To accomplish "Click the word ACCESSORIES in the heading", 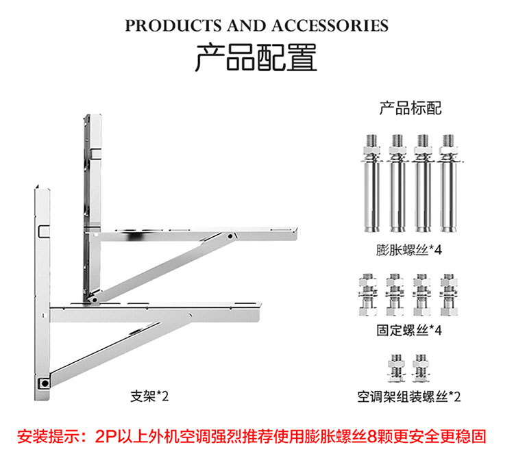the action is click(x=330, y=26).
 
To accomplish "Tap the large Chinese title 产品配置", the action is click(x=256, y=58).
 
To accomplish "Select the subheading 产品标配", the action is click(x=411, y=108).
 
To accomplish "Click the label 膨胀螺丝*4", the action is click(x=408, y=250).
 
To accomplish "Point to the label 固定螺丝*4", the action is click(x=409, y=331).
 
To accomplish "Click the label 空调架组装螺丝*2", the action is click(x=409, y=397).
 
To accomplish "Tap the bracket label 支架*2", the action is click(x=149, y=396).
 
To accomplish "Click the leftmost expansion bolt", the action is click(x=371, y=183).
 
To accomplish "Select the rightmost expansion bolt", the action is click(x=448, y=183).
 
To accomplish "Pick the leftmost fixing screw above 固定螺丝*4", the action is click(x=368, y=294).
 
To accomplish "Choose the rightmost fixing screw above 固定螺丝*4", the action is click(x=449, y=294).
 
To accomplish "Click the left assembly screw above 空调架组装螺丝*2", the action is click(x=396, y=368).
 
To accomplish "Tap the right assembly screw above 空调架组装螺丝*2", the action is click(x=421, y=368).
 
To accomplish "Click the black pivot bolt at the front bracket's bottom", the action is click(x=45, y=383).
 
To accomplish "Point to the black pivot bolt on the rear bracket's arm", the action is click(x=230, y=236).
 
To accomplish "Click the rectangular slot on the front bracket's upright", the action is click(x=44, y=231).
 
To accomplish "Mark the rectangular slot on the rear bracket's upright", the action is click(x=95, y=153).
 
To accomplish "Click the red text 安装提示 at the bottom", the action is click(x=49, y=436).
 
